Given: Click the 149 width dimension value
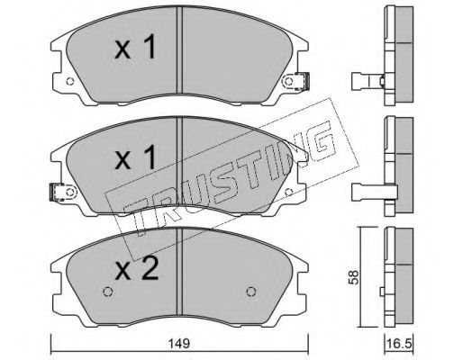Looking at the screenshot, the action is click(x=178, y=343).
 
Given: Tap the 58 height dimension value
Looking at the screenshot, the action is click(x=353, y=277).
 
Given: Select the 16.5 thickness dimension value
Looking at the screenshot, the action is click(x=399, y=344).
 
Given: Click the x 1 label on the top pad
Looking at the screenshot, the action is click(x=135, y=48).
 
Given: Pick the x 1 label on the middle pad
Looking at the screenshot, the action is click(x=135, y=157).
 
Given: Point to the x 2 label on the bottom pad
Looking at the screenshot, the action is click(x=137, y=268).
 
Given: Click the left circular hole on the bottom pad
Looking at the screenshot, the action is click(x=107, y=292).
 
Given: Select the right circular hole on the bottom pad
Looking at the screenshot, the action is click(x=251, y=292).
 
